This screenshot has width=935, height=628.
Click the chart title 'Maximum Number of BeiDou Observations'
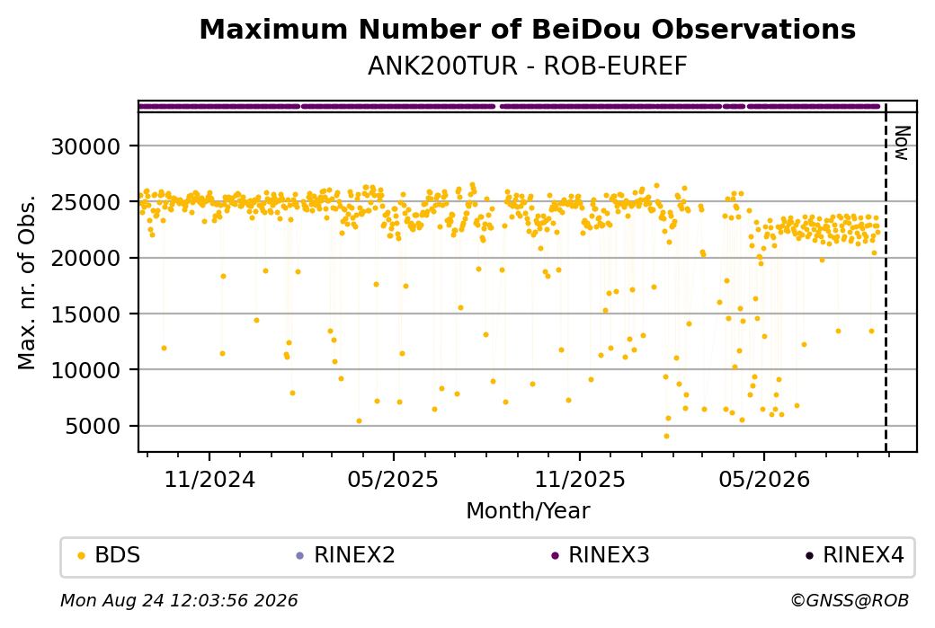527,30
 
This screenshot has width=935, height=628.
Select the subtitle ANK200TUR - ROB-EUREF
527,66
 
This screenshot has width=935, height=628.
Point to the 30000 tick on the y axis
86,146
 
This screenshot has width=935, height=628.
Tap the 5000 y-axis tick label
93,426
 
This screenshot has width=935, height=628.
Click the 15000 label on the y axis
86,314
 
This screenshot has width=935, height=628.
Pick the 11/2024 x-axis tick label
209,479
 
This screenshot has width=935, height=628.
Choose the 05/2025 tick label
393,479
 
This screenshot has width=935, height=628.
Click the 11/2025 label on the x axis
580,479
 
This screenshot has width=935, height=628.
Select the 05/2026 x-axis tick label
764,479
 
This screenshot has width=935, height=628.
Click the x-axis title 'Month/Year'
528,511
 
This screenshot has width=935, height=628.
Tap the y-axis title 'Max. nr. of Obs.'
27,282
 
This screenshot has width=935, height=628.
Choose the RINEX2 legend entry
346,555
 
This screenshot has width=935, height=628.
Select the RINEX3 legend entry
601,555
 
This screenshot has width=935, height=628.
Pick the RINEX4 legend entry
854,555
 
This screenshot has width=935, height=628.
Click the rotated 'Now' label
902,143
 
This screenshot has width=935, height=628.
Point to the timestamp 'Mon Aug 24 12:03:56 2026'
180,600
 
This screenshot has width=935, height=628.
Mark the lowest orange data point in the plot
667,436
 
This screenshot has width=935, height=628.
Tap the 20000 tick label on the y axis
86,258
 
